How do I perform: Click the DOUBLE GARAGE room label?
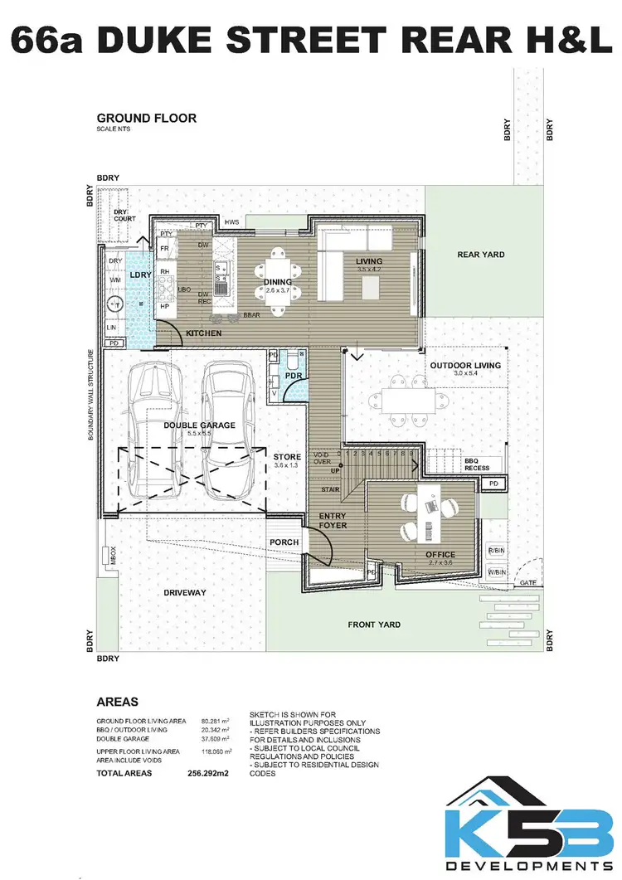pyautogui.click(x=199, y=425)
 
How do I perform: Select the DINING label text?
pyautogui.click(x=279, y=282)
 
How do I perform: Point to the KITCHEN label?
pyautogui.click(x=203, y=333)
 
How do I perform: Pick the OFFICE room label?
pyautogui.click(x=440, y=554)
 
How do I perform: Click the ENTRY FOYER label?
pyautogui.click(x=332, y=520)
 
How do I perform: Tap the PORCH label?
pyautogui.click(x=284, y=542)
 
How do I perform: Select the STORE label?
pyautogui.click(x=287, y=456)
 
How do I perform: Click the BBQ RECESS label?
pyautogui.click(x=477, y=464)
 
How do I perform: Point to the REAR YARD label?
pyautogui.click(x=480, y=255)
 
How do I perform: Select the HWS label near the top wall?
pyautogui.click(x=231, y=222)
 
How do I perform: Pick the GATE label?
pyautogui.click(x=527, y=584)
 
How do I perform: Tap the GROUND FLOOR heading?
pyautogui.click(x=146, y=118)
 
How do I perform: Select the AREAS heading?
pyautogui.click(x=117, y=702)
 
